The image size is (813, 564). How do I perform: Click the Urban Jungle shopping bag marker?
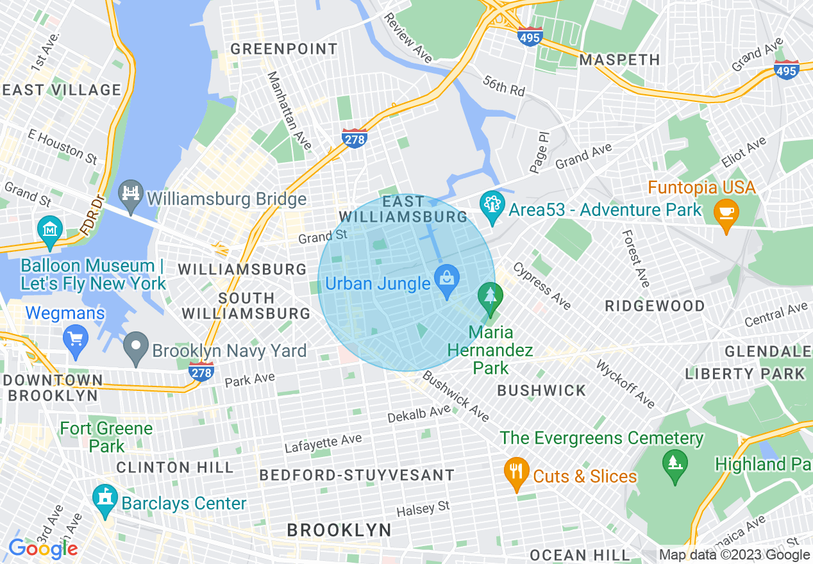[446, 279]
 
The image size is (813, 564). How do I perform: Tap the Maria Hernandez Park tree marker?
[490, 297]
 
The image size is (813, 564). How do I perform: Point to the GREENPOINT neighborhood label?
[283, 49]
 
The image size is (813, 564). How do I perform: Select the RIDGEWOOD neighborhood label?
[655, 306]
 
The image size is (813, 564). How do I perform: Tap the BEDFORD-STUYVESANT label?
[357, 476]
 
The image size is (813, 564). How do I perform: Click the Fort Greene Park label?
[106, 436]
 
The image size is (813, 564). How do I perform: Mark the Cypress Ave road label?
[542, 286]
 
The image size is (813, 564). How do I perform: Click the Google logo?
[43, 549]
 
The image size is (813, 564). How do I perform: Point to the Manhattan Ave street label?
[289, 111]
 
